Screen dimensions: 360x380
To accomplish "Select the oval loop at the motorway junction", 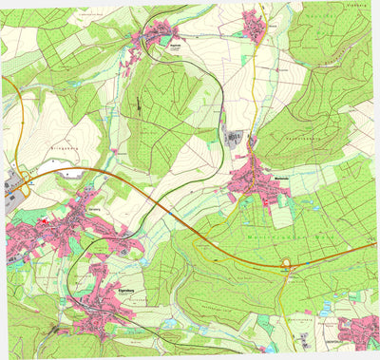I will point(285,265).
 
